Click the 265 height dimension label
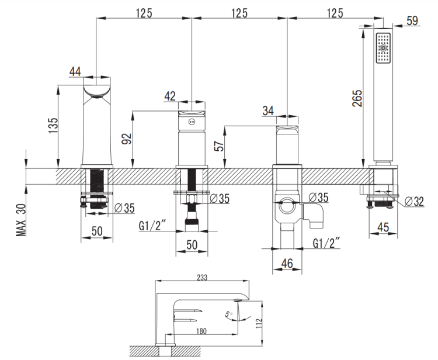click(x=357, y=98)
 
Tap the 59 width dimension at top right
click(x=412, y=20)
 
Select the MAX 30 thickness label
click(x=22, y=220)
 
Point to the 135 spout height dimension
click(x=53, y=126)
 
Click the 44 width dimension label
click(x=75, y=71)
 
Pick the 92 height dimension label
click(x=126, y=139)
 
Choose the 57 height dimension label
click(x=219, y=146)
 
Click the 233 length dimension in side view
click(x=202, y=278)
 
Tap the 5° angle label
click(x=228, y=314)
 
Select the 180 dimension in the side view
click(x=201, y=331)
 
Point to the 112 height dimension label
click(x=258, y=323)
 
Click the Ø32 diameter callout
click(x=414, y=201)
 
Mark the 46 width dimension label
click(x=287, y=264)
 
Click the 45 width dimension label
click(x=383, y=227)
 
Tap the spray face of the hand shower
click(x=383, y=48)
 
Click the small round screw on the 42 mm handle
click(x=192, y=122)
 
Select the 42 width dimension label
click(x=170, y=96)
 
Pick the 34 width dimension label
click(x=268, y=110)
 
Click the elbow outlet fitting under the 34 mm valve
click(x=313, y=215)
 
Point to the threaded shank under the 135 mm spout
click(x=97, y=189)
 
